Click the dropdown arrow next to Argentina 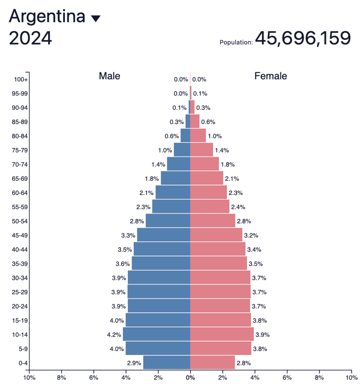(96, 19)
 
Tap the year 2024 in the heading (30, 39)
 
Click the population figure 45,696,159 (303, 38)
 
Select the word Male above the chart (109, 76)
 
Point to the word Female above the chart (270, 76)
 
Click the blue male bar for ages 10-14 (156, 334)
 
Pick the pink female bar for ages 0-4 (212, 363)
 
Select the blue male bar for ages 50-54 (168, 221)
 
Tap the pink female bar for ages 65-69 (207, 178)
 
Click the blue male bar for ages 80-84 (185, 136)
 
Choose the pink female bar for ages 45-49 (216, 235)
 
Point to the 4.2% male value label (114, 335)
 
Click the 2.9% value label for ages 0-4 (134, 363)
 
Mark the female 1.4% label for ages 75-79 (222, 150)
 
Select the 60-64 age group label (19, 193)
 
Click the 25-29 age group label (19, 292)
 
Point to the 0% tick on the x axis (190, 378)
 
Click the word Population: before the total (236, 42)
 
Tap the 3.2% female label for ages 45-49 (251, 235)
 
